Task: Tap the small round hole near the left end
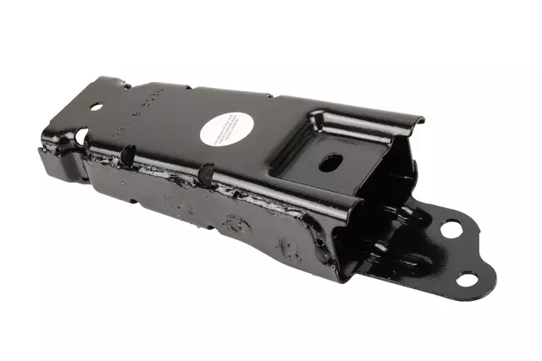point(96,107)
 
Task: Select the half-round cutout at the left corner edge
point(81,135)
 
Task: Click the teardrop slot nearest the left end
point(129,155)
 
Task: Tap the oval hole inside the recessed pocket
point(330,161)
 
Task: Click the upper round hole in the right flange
point(451,228)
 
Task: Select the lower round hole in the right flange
point(467,280)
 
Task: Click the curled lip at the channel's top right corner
point(415,125)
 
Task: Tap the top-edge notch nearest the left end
point(126,84)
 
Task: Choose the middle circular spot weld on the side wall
point(230,223)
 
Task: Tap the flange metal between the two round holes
point(462,254)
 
